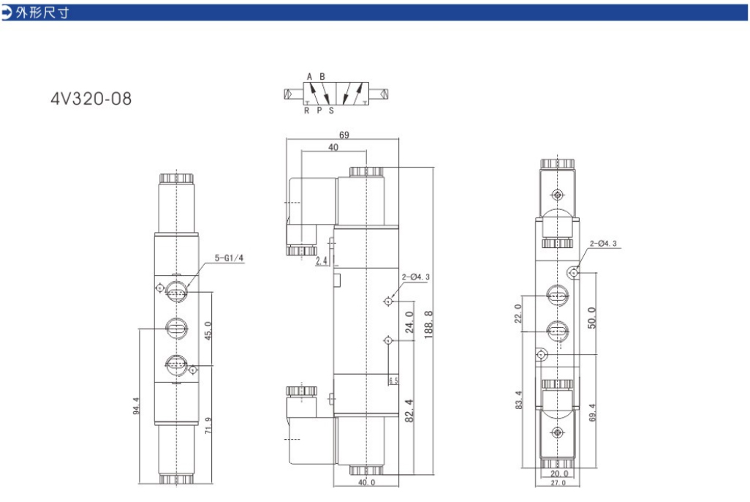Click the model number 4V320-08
[x=91, y=99]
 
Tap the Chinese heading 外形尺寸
[x=43, y=12]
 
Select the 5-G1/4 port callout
[x=229, y=258]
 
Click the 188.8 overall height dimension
[x=428, y=324]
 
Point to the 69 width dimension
[x=344, y=135]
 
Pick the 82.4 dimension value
[x=409, y=411]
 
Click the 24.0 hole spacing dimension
[x=409, y=322]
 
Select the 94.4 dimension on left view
[x=136, y=405]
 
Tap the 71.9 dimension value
[x=208, y=425]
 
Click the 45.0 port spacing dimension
[x=208, y=331]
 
